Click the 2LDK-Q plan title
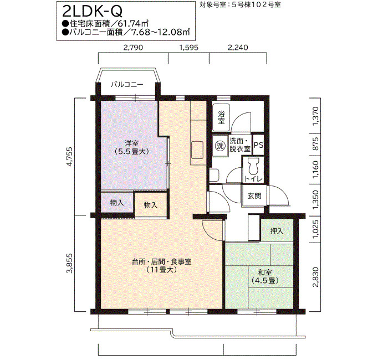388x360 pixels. (x=93, y=11)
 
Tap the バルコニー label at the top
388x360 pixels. (x=127, y=85)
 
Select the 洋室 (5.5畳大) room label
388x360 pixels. (x=132, y=147)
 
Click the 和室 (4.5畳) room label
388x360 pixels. (x=265, y=276)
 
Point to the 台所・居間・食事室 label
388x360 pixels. (x=162, y=262)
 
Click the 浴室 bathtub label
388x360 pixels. (x=221, y=117)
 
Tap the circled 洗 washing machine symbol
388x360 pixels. (x=220, y=146)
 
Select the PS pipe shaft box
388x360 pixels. (x=258, y=145)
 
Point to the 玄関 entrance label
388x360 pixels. (x=254, y=196)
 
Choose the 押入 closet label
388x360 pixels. (x=277, y=231)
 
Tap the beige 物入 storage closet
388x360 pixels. (x=151, y=205)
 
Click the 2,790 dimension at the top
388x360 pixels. (x=134, y=47)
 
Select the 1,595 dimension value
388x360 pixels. (x=189, y=47)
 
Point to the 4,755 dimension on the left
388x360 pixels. (x=70, y=157)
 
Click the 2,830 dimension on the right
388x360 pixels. (x=315, y=277)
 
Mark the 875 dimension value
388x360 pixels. (x=315, y=144)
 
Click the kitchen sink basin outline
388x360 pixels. (x=197, y=150)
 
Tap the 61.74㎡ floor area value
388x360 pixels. (x=133, y=24)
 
